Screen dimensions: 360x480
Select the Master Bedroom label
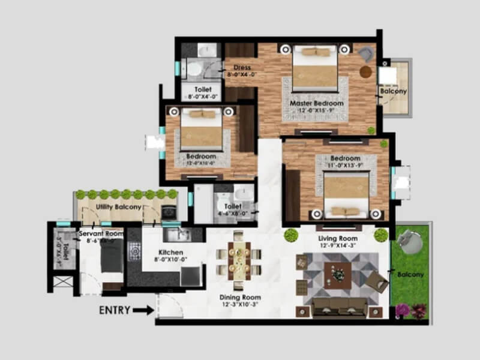tap(317, 103)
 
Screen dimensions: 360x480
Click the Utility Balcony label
tap(119, 207)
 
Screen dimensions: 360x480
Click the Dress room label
tap(242, 68)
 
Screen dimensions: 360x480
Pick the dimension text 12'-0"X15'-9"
tap(317, 110)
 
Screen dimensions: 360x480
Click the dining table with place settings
tap(238, 260)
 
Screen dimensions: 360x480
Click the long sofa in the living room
tap(339, 305)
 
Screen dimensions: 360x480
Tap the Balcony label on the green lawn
tap(410, 275)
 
